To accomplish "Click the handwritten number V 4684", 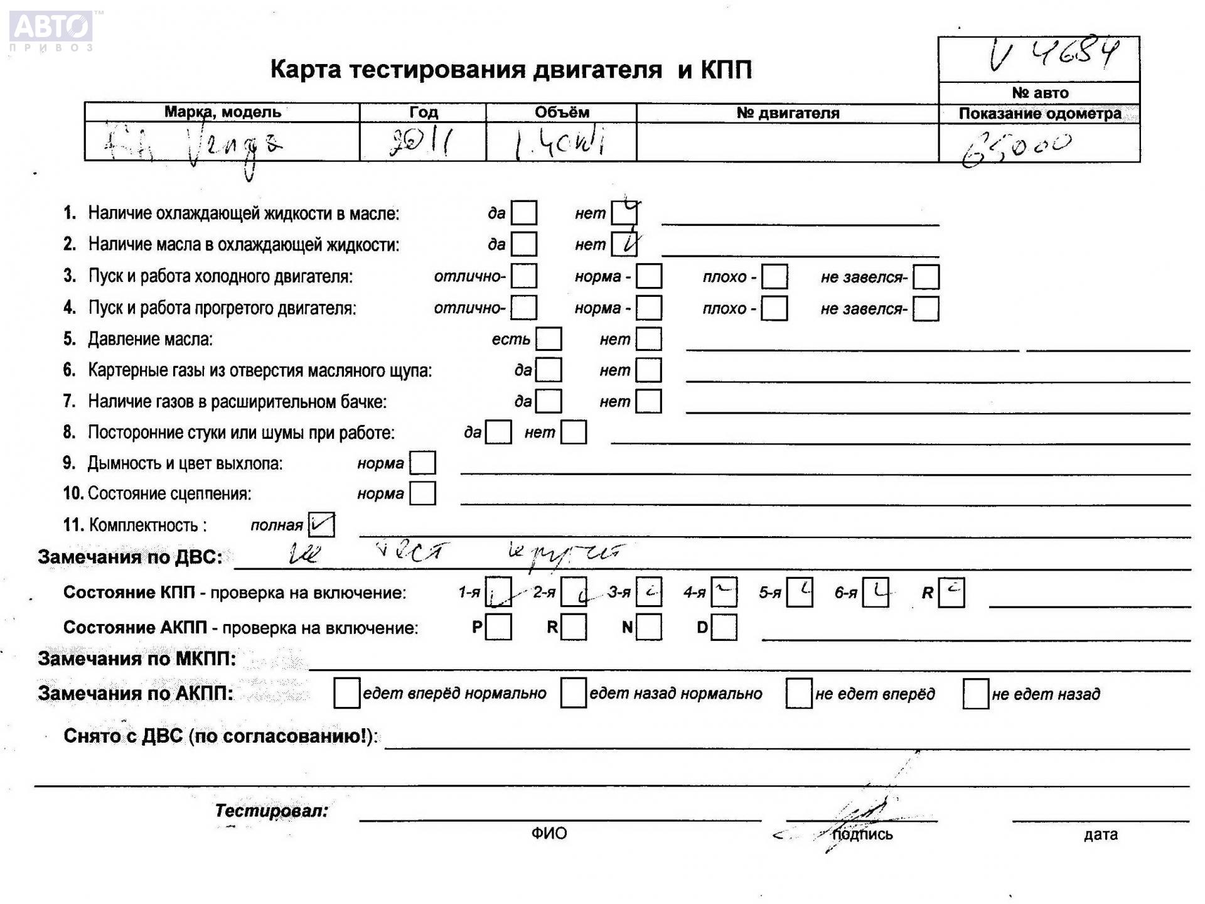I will coord(1054,55).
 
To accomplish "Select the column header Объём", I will coord(562,112).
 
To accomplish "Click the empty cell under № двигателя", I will coord(787,143).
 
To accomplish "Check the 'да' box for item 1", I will coord(524,213).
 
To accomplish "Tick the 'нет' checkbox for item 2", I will coord(624,244).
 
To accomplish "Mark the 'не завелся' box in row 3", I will coord(926,277).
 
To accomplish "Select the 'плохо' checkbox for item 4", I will coord(774,308).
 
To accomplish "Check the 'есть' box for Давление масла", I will coord(549,339).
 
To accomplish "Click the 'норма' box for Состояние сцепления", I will coord(422,493).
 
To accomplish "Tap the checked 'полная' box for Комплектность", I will coord(321,525).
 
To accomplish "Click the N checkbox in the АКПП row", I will coord(649,627).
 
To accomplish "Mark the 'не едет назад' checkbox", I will coord(976,694).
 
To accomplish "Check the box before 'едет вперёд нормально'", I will coord(346,693).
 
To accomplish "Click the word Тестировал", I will coord(271,810).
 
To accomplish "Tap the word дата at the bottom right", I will coord(1100,834).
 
